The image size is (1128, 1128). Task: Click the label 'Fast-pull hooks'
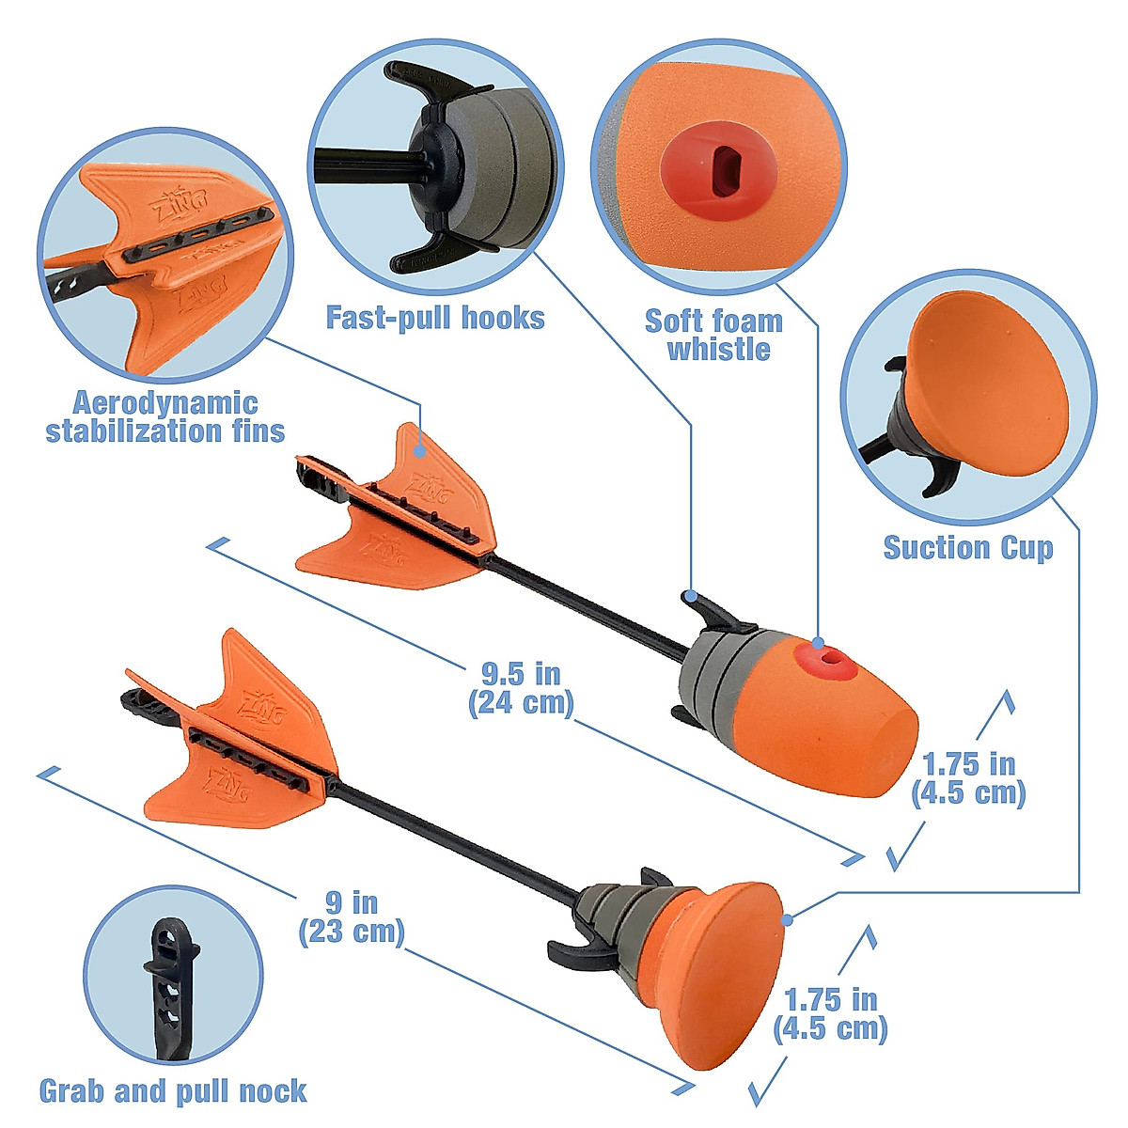[x=435, y=318]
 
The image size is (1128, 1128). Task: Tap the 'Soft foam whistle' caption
[x=714, y=335]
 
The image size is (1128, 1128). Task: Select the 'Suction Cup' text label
[x=968, y=547]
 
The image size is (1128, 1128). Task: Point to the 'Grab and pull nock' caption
[x=173, y=1090]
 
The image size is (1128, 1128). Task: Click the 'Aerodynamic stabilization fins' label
[x=165, y=417]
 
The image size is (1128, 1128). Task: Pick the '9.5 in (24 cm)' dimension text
[x=521, y=688]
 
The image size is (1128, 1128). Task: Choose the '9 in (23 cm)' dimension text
[x=352, y=917]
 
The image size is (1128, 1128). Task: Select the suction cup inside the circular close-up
[x=987, y=376]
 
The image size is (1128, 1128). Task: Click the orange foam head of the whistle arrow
[x=846, y=714]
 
